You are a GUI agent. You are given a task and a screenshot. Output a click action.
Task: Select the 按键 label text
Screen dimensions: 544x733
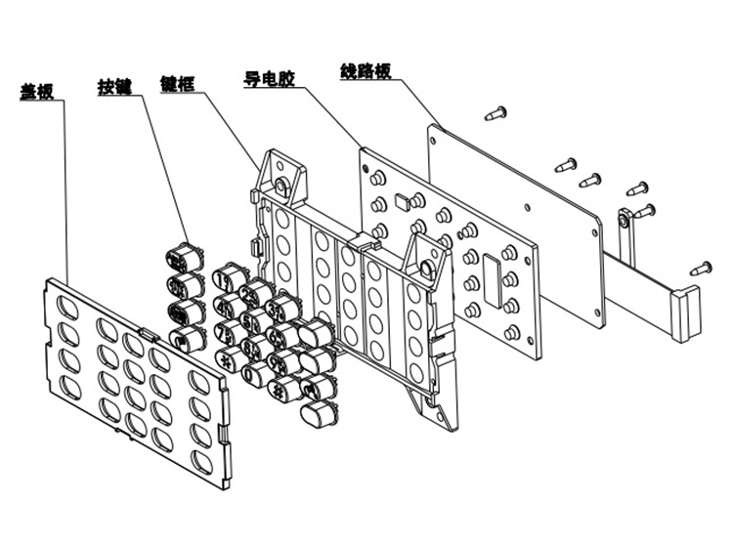[x=113, y=84]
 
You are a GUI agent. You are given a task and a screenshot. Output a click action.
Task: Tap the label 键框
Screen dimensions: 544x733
[x=176, y=84]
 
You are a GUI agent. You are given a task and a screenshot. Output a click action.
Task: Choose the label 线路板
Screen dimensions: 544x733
[x=366, y=71]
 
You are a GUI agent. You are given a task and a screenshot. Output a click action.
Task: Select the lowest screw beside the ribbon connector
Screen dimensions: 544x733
[x=701, y=267]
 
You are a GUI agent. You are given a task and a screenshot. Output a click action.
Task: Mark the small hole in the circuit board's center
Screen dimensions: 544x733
[x=528, y=206]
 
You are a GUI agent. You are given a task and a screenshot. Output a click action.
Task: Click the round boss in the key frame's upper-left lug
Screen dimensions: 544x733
[x=281, y=185]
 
